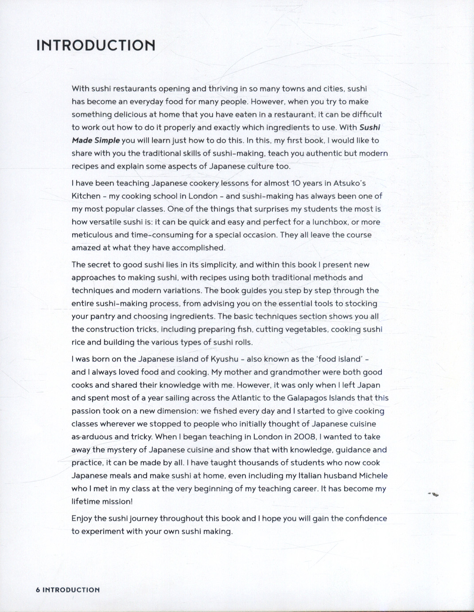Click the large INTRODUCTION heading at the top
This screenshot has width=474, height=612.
(x=96, y=45)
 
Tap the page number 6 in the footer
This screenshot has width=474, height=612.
(x=38, y=590)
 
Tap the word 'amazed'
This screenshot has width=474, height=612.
(x=86, y=247)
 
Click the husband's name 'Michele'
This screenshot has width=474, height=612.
(x=372, y=475)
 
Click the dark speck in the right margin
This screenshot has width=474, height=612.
(x=434, y=494)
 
